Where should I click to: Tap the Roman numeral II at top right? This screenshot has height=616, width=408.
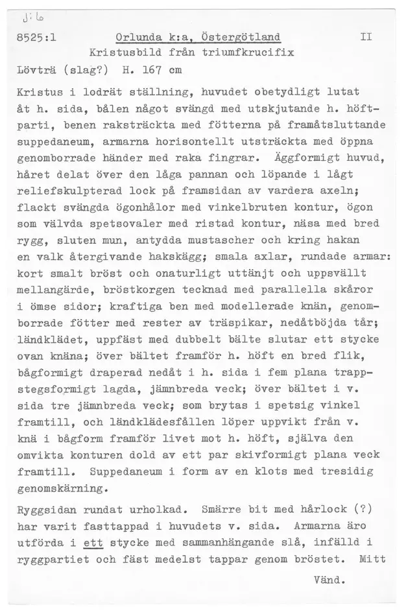365,37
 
